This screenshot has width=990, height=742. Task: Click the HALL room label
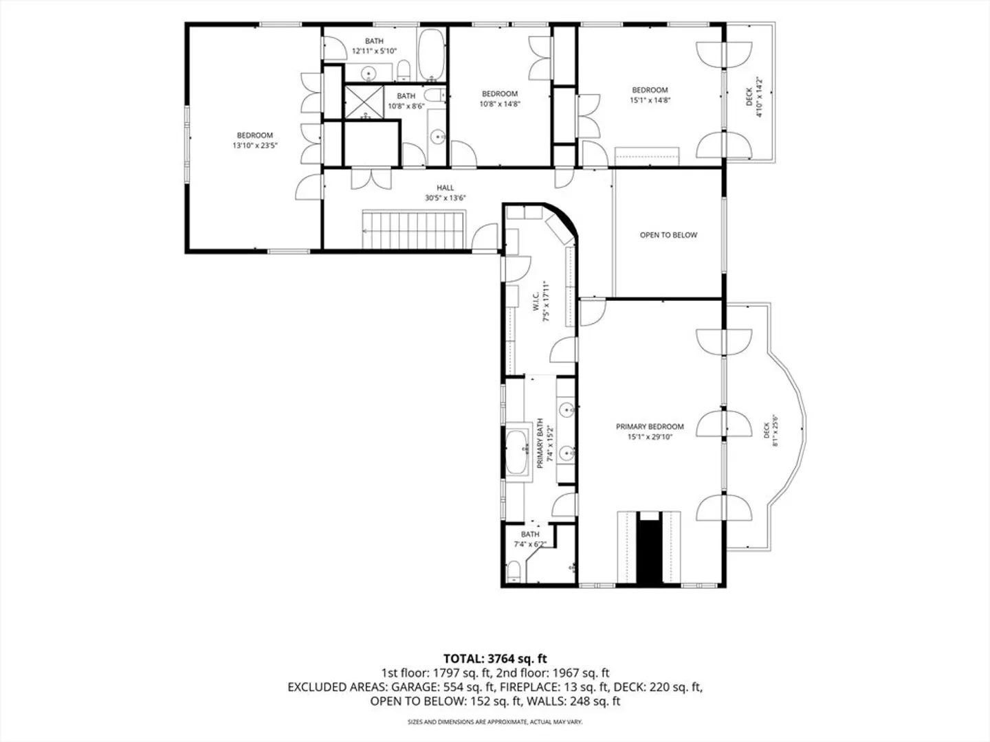445,188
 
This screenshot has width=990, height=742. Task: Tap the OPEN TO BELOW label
668,235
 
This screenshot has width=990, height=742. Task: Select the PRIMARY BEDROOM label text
650,427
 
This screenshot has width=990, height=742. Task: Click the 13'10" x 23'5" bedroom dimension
255,146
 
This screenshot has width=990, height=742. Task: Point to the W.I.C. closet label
536,301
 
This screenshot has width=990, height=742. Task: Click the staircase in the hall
413,229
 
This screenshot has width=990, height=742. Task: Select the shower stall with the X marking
364,102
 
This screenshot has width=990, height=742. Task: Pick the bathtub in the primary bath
517,451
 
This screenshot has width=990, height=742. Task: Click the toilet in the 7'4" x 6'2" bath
514,571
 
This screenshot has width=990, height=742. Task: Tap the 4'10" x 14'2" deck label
754,98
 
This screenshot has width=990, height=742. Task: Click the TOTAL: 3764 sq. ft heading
495,659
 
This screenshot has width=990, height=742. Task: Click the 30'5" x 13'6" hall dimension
445,198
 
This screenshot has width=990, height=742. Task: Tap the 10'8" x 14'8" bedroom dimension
500,104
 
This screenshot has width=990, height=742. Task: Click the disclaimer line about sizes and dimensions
495,721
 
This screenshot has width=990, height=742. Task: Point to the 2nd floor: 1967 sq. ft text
553,673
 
